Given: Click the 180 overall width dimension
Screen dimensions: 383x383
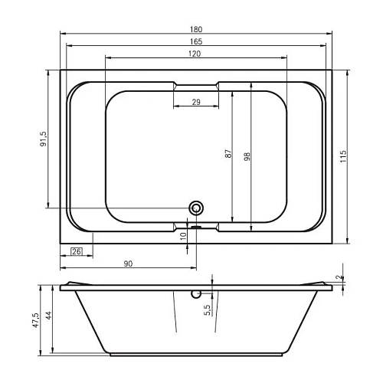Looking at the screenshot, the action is point(196,29).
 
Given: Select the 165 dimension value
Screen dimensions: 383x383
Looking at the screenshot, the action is point(196,41).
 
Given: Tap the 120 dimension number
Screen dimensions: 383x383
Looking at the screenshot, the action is point(195,54).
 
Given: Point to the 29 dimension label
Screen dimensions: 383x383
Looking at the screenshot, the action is point(196,102).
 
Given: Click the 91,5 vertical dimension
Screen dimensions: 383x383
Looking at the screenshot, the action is point(44,139).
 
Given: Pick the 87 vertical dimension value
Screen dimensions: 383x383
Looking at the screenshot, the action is point(229,153).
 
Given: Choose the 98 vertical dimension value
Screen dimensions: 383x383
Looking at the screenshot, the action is point(247,156).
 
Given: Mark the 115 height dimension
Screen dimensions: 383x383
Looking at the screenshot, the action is point(343,156).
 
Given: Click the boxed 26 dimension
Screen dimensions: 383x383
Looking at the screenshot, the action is point(77,251).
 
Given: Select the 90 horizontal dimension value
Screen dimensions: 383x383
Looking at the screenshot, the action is point(128,264).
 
